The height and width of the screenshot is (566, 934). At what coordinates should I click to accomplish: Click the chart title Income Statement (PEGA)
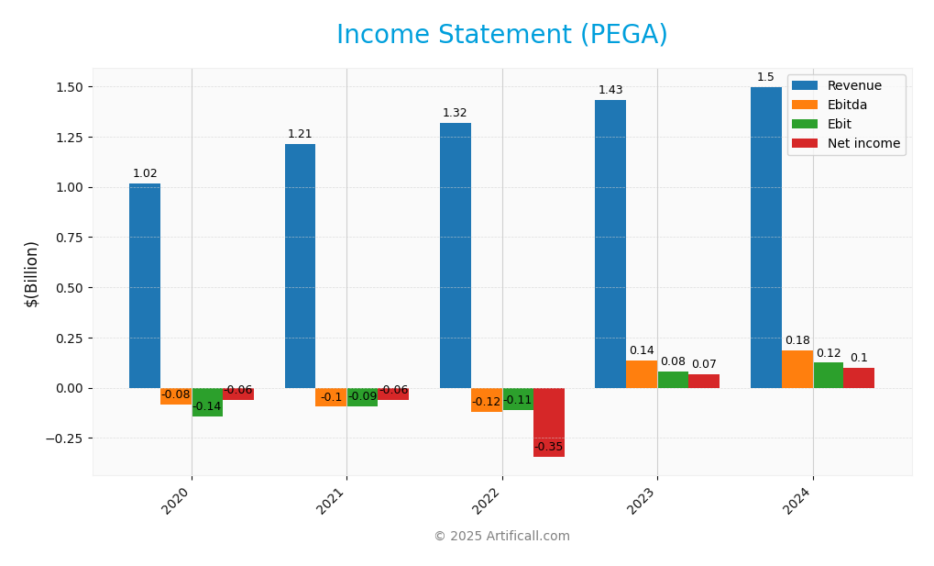501,36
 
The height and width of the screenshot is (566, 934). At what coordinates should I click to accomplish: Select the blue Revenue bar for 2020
145,285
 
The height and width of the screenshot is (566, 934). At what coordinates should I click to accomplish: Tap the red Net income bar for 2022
549,422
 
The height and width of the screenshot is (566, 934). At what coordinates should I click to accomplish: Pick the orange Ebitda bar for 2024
797,369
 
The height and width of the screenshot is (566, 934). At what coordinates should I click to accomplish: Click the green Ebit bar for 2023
673,380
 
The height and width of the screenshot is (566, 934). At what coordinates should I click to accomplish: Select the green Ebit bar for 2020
207,402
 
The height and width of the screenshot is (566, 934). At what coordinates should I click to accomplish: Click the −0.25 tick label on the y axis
64,438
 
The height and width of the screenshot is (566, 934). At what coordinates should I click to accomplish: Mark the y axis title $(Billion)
32,273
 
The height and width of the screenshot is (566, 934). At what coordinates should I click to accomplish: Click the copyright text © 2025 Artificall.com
501,537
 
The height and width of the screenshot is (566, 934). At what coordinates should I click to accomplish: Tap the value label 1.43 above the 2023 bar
610,90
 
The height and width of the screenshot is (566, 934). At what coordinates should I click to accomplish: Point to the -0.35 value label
548,447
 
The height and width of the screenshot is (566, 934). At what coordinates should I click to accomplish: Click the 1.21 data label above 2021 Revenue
300,134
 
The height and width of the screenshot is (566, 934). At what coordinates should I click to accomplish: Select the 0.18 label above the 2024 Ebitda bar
797,340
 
